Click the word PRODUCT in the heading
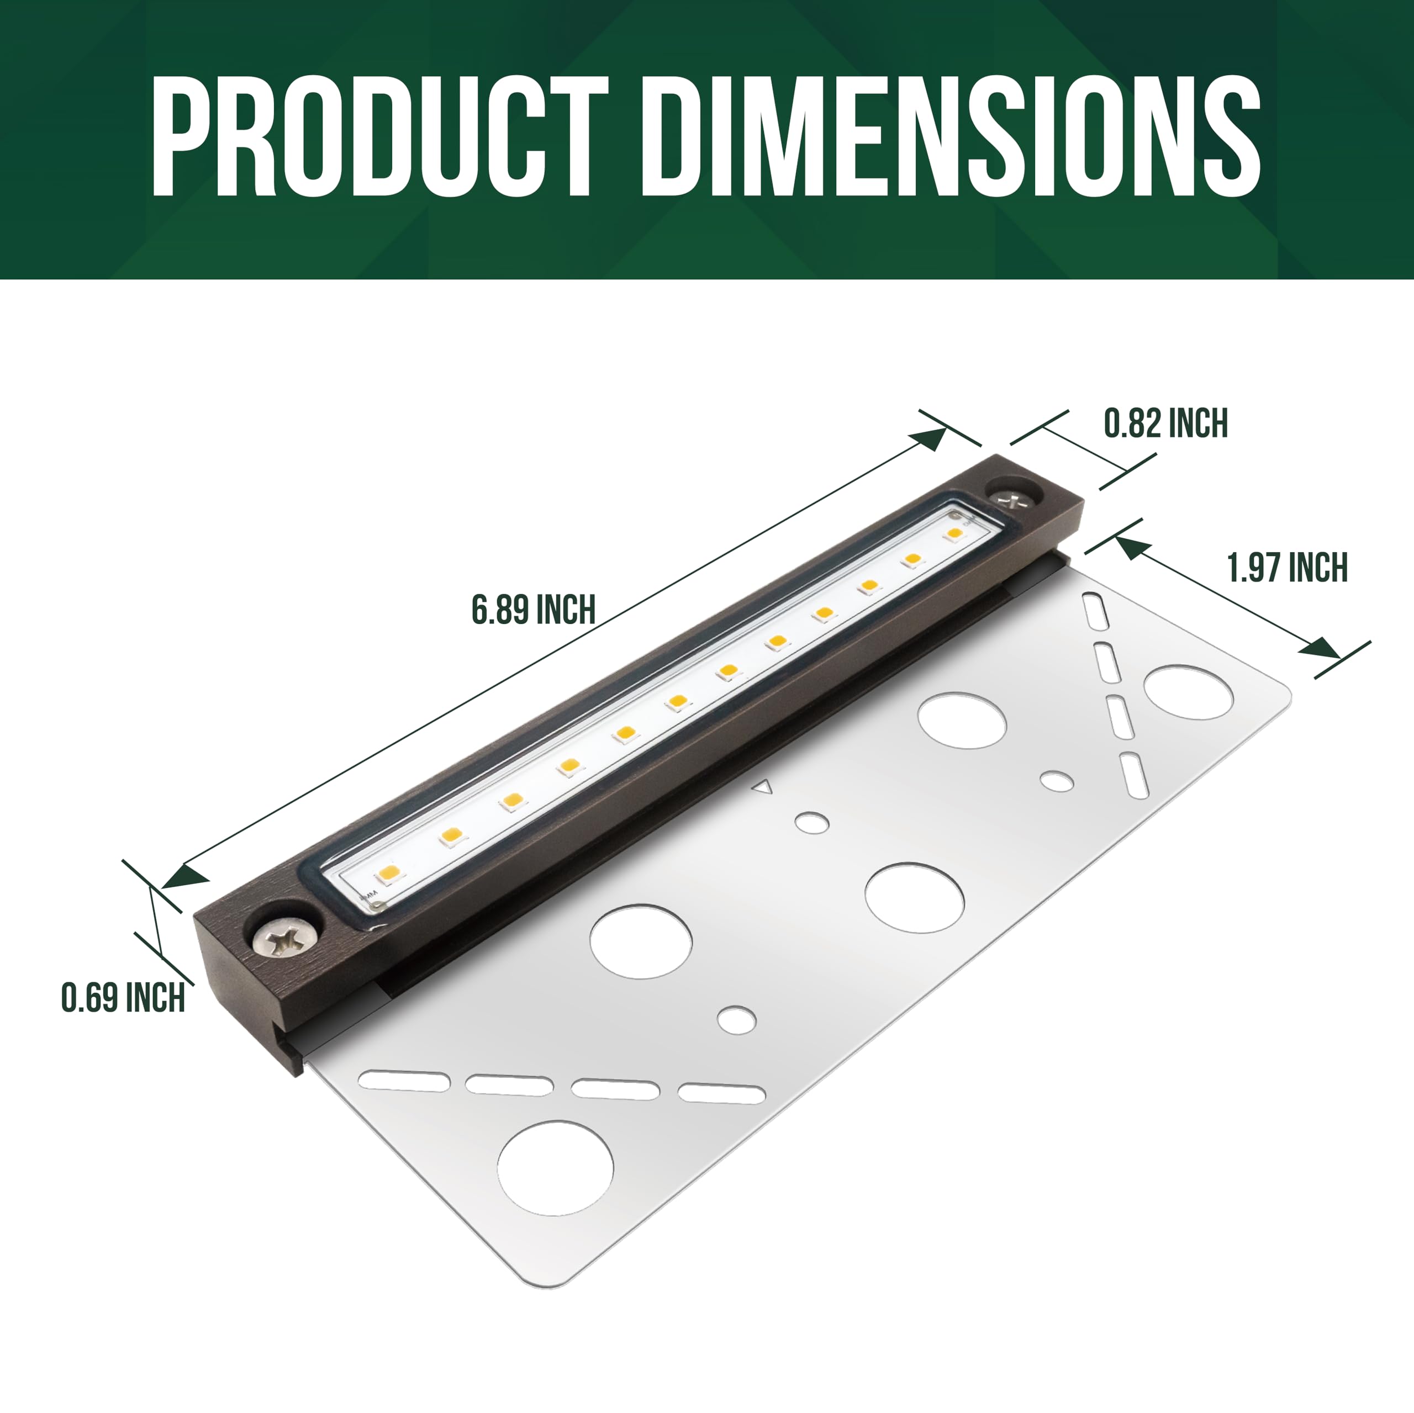pos(379,137)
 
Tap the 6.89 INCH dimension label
pos(533,610)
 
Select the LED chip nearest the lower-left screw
pos(389,872)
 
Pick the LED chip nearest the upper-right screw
pos(954,533)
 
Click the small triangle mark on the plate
pos(763,788)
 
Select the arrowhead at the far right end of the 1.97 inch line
pos(1322,648)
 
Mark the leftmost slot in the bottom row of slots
pos(404,1080)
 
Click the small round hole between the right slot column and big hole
pos(1057,781)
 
